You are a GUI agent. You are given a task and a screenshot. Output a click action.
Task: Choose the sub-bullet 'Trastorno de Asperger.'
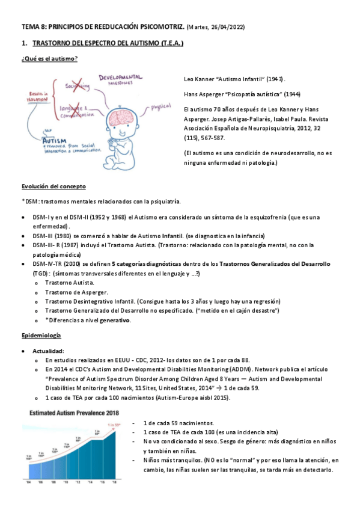coord(77,292)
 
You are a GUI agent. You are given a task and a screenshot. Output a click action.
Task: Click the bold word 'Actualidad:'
coord(50,350)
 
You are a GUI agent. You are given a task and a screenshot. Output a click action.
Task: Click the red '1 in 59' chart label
coord(114,425)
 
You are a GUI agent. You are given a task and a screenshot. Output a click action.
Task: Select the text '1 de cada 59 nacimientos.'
coord(178,423)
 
